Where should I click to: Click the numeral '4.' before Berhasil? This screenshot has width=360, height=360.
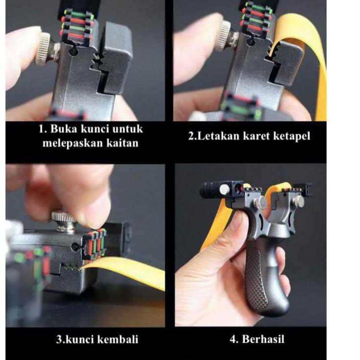234,339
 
